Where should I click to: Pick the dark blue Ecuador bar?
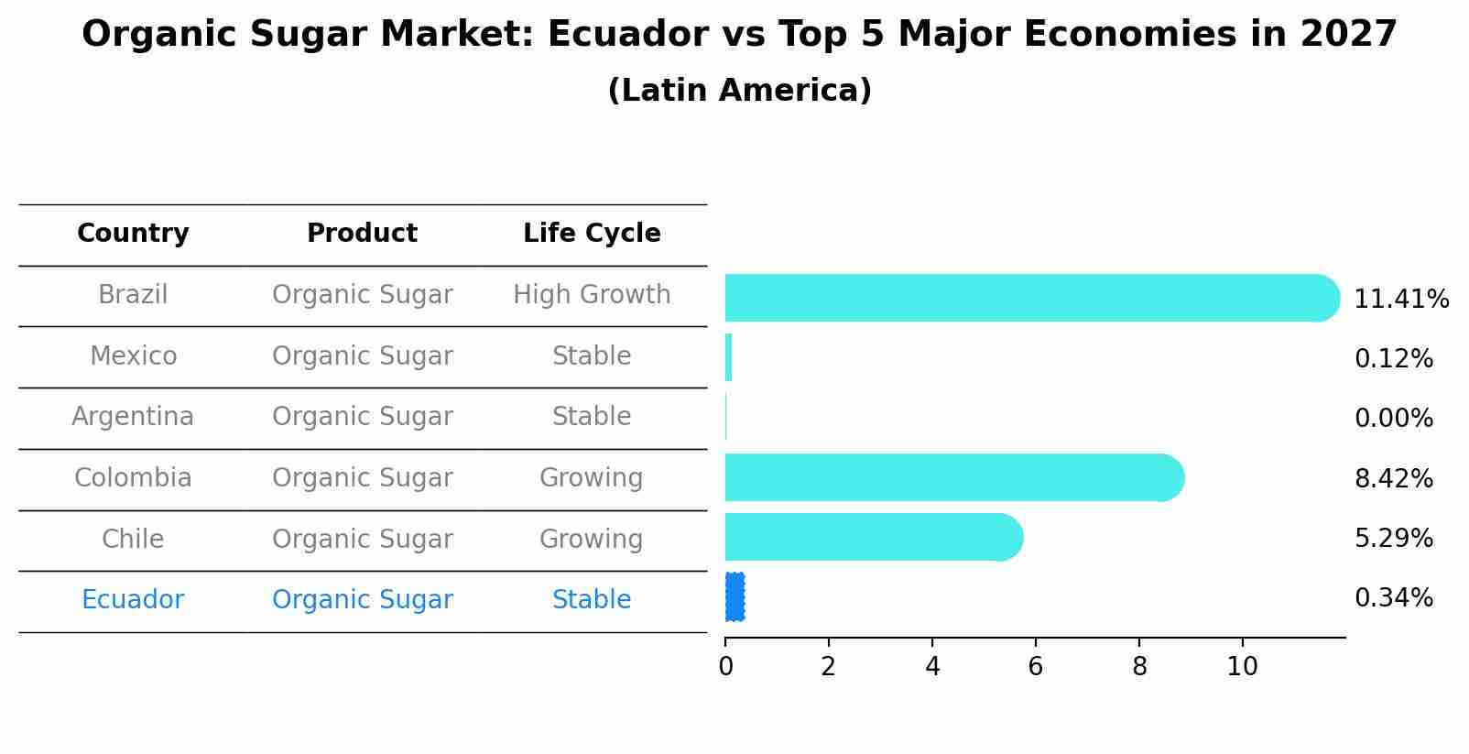pos(734,597)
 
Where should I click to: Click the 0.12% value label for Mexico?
pos(1393,359)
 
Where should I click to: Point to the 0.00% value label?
pos(1393,419)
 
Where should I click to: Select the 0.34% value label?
pos(1393,598)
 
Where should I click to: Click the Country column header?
pos(133,234)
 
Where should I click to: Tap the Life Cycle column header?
pos(592,234)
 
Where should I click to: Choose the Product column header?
pos(362,234)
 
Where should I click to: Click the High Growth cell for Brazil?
pos(592,295)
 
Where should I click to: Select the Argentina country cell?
pos(133,417)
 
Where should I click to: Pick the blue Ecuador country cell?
pos(133,600)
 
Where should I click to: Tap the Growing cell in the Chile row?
pos(592,539)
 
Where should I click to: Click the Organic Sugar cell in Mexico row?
pos(362,355)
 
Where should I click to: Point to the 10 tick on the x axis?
pos(1242,667)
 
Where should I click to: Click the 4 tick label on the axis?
pos(932,667)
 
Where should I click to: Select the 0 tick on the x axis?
pos(725,667)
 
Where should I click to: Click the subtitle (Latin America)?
pos(739,91)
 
